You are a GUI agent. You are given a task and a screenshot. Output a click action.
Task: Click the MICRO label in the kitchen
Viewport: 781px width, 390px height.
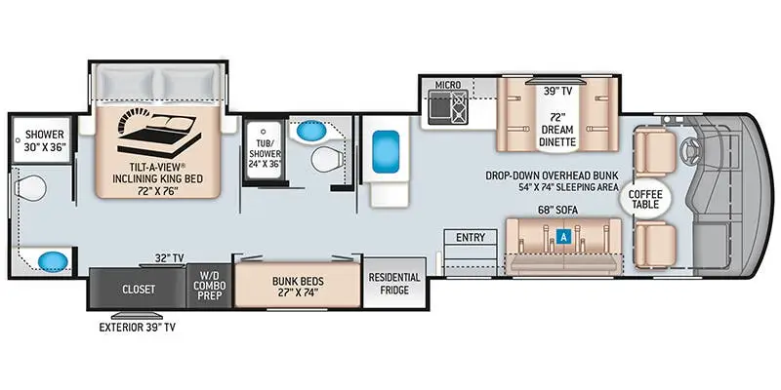tap(447, 85)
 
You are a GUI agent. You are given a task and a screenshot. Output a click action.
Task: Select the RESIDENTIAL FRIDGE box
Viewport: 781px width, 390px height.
tap(393, 283)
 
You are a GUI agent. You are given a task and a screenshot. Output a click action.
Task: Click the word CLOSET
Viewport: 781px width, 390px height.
tap(139, 290)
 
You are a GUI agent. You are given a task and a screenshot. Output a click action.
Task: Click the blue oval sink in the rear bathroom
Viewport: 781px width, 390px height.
tap(54, 260)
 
